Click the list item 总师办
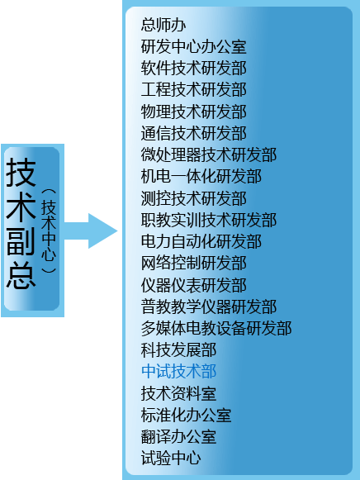(163, 25)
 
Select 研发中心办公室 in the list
(193, 46)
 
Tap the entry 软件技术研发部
(193, 69)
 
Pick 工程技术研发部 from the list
(193, 90)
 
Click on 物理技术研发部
(193, 112)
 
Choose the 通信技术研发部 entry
(193, 134)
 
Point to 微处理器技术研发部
(209, 154)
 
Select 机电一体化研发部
(201, 177)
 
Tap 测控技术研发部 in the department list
(193, 198)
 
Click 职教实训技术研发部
(209, 220)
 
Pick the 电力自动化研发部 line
(201, 242)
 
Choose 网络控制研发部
(193, 264)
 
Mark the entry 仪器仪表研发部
(193, 285)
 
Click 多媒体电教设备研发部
(216, 329)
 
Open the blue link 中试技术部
(178, 372)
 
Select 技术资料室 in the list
(178, 393)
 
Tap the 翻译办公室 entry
(178, 437)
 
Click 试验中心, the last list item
(171, 459)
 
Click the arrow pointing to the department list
(91, 230)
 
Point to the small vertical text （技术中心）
(49, 230)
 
